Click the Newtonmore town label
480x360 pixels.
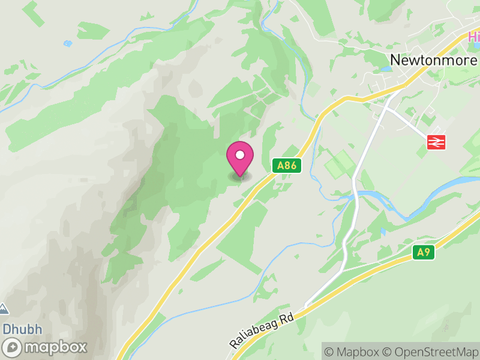coord(433,60)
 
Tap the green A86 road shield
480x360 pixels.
coord(287,166)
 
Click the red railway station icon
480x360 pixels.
coord(436,142)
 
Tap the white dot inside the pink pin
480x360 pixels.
coord(240,155)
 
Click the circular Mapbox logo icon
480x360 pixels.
coord(14,347)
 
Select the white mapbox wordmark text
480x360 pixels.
coord(55,347)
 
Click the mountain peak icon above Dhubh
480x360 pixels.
coord(4,309)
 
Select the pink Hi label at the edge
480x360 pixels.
coord(474,37)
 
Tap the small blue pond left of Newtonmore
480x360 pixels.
coord(384,69)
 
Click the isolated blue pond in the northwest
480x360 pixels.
coord(68,43)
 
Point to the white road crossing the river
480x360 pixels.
coord(356,195)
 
